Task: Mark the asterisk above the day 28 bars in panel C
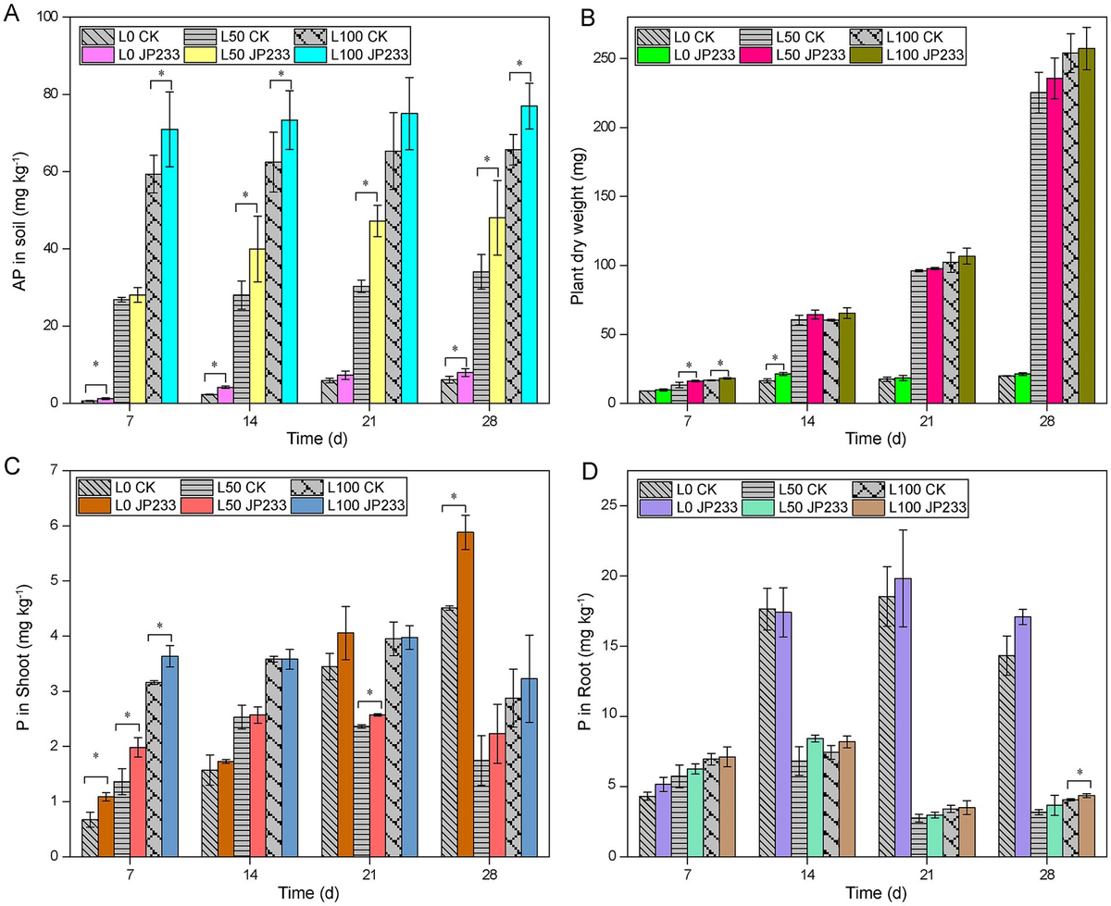pos(455,498)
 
